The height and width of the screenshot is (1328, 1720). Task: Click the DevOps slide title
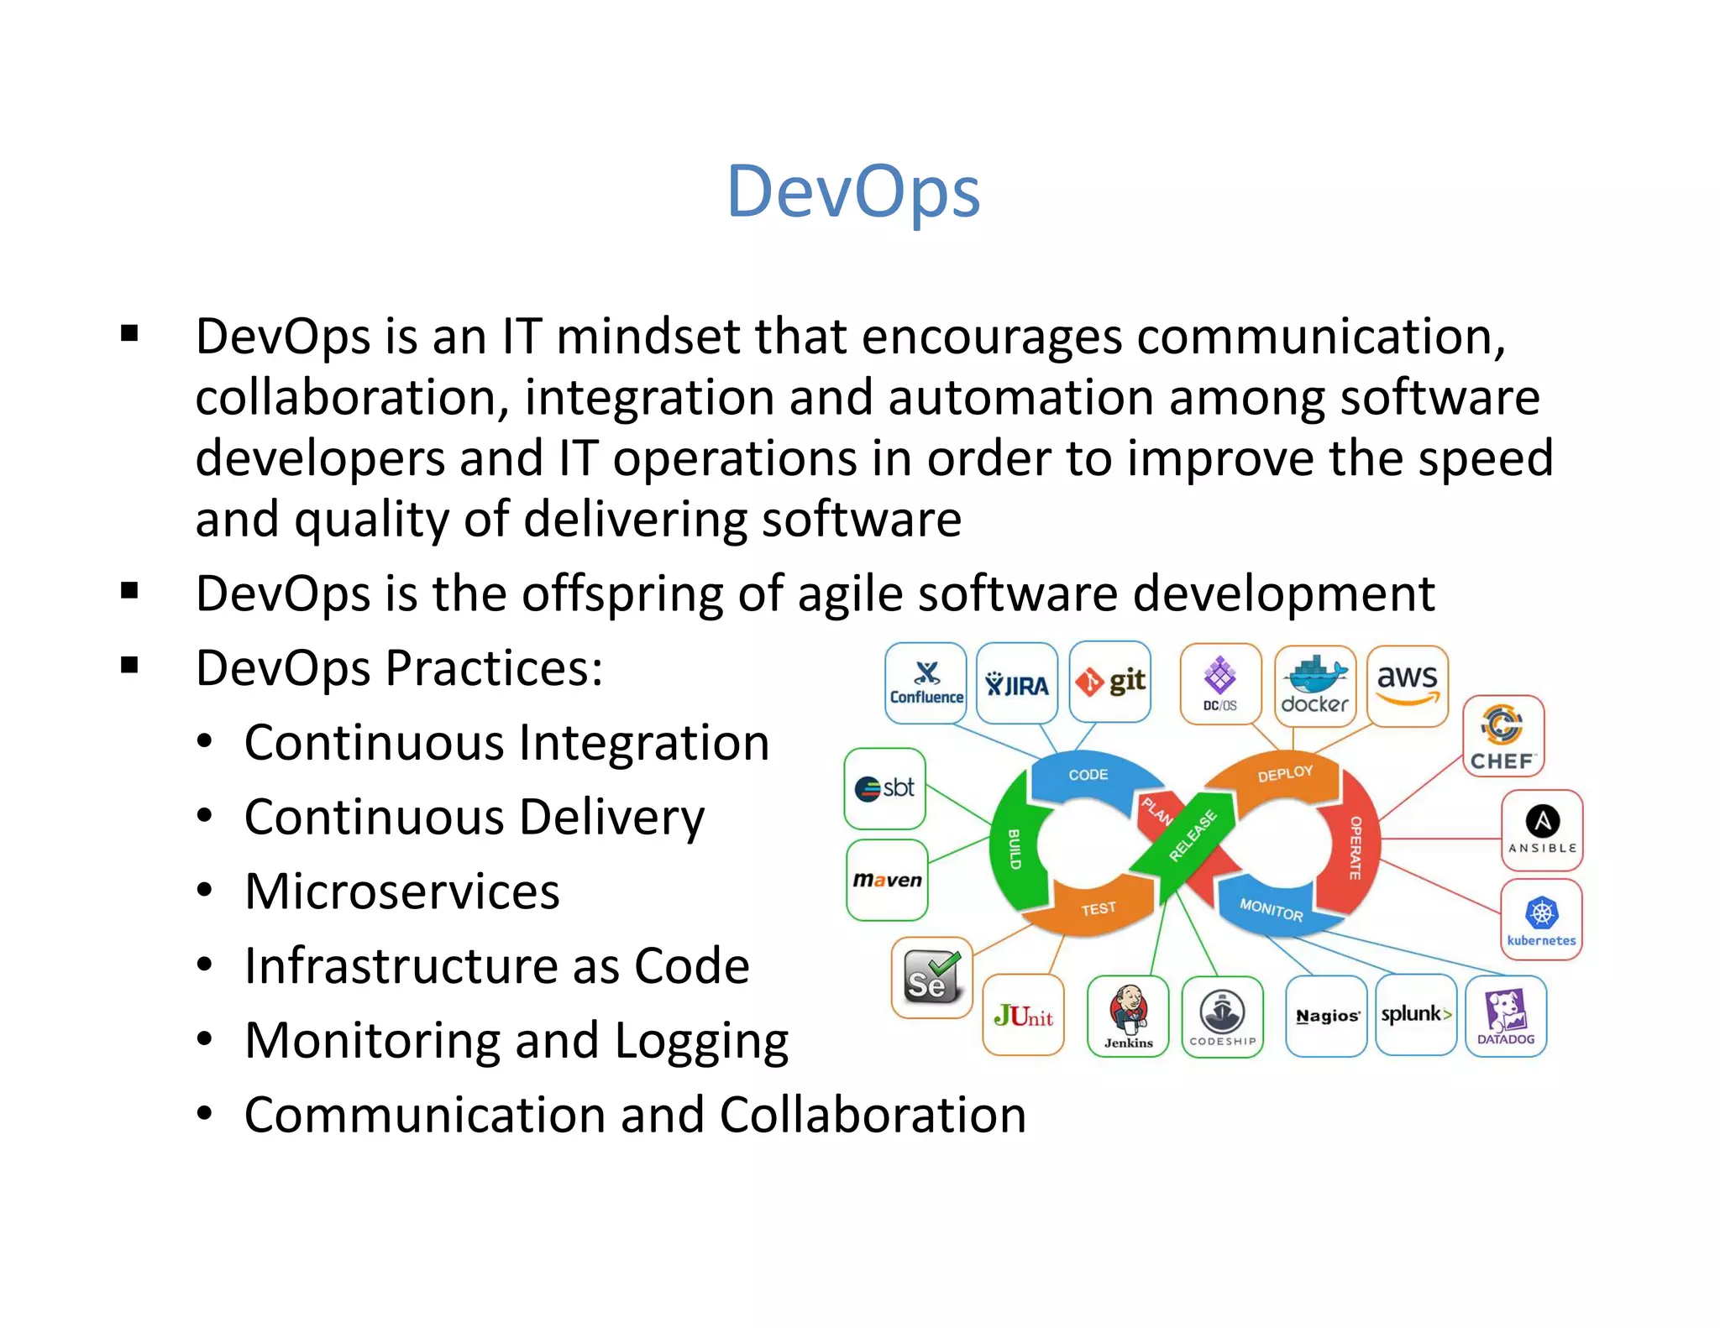tap(853, 192)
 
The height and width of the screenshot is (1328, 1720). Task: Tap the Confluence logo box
tap(926, 683)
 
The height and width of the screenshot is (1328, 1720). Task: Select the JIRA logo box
tap(1017, 683)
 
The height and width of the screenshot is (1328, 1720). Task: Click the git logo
tap(1110, 682)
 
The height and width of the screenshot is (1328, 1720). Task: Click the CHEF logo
tap(1503, 736)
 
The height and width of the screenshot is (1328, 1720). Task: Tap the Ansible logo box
tap(1542, 829)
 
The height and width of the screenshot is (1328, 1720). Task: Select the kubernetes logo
tap(1542, 919)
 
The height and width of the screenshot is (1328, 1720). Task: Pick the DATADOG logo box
tap(1506, 1016)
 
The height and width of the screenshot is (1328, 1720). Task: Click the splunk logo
tap(1416, 1014)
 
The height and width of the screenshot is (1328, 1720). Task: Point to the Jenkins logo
tap(1128, 1016)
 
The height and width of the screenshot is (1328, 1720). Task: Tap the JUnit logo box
tap(1023, 1016)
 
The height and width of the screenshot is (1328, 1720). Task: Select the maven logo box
tap(887, 880)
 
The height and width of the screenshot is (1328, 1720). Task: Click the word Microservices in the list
tap(401, 891)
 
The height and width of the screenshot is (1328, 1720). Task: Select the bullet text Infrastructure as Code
tap(496, 965)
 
